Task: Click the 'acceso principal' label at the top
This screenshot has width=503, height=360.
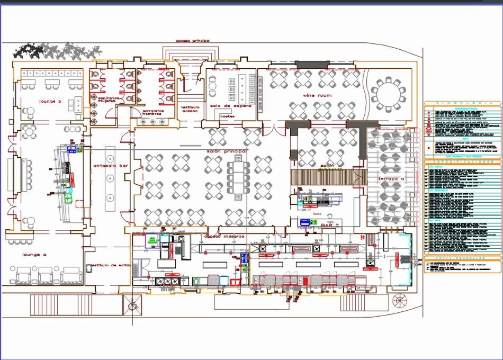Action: [x=193, y=41]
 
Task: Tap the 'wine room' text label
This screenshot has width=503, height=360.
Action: [x=317, y=95]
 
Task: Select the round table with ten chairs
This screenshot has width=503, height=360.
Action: [x=388, y=94]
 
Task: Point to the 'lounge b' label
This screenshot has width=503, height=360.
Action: [x=50, y=101]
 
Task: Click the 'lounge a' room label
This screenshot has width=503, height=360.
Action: [x=34, y=255]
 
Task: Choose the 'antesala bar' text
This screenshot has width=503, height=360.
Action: [x=111, y=166]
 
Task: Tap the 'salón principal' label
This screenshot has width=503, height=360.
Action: [x=227, y=151]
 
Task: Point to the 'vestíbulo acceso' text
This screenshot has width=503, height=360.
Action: [x=190, y=109]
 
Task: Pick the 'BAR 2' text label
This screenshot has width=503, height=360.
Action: [x=330, y=225]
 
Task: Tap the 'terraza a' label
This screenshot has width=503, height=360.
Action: [x=391, y=179]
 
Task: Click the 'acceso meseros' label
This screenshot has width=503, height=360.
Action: [x=224, y=236]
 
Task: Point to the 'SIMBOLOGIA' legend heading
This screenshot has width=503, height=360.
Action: [x=462, y=103]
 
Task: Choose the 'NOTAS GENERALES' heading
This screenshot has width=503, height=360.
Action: [x=462, y=258]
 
